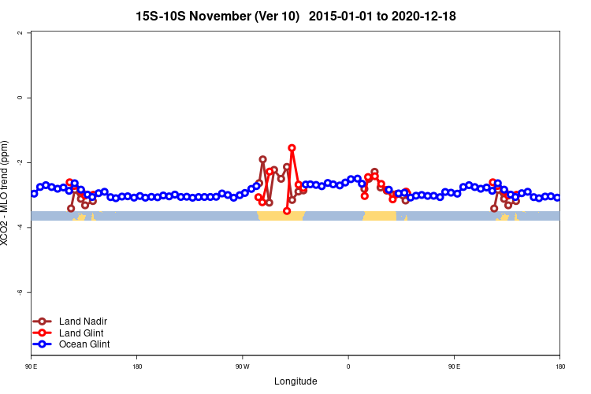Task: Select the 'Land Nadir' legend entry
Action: click(83, 321)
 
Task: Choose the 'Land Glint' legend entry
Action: click(81, 333)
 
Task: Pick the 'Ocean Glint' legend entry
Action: click(84, 344)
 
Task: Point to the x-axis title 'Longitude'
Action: click(295, 381)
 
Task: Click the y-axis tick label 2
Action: click(20, 33)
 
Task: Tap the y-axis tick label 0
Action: click(20, 98)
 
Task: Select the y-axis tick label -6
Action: click(19, 292)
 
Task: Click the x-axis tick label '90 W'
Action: click(242, 366)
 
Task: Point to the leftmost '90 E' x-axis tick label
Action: click(32, 366)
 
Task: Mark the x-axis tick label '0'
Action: click(348, 366)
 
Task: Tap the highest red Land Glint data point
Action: click(292, 148)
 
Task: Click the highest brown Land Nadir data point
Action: click(262, 159)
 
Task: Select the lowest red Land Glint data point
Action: click(287, 211)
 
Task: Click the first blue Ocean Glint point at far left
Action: click(34, 193)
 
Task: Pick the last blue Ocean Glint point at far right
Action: click(557, 198)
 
